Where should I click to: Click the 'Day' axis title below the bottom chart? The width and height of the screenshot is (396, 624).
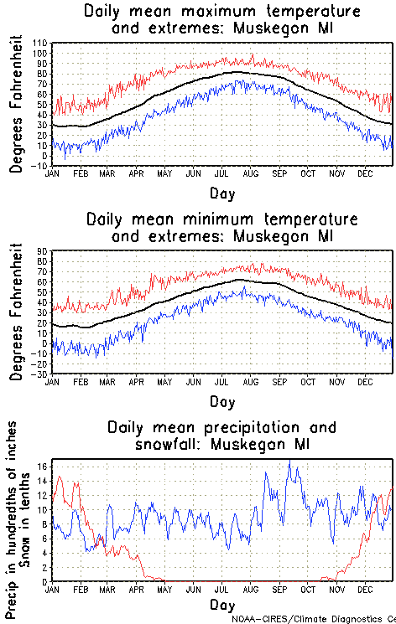(222, 604)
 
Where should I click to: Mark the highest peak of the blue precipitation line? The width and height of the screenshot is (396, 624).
(289, 460)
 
